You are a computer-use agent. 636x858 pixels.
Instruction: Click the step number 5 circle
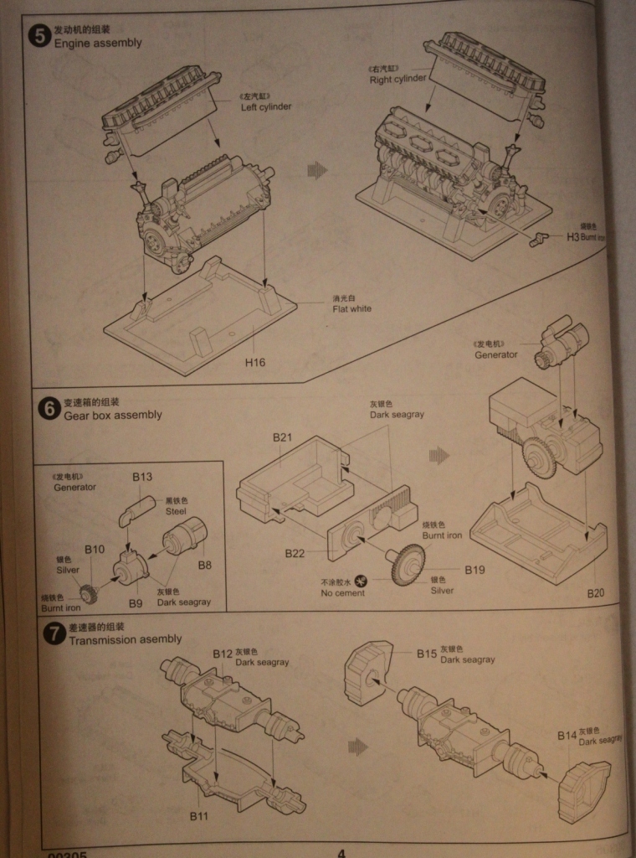[x=39, y=36]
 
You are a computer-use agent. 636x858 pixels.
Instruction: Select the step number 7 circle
[x=54, y=634]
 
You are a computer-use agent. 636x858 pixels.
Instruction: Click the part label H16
[x=254, y=363]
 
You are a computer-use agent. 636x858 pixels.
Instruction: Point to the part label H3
[x=572, y=237]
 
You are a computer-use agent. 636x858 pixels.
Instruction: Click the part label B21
[x=282, y=437]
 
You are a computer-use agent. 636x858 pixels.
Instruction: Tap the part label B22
[x=295, y=553]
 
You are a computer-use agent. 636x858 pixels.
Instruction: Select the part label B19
[x=474, y=570]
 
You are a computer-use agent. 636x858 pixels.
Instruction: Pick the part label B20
[x=595, y=593]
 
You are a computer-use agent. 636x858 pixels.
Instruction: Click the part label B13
[x=142, y=477]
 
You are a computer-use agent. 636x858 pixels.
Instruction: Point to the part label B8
[x=204, y=565]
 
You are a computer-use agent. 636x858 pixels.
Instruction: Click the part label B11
[x=198, y=815]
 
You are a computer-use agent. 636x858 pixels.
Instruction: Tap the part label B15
[x=428, y=653]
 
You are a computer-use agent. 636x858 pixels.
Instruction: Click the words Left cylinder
[x=266, y=107]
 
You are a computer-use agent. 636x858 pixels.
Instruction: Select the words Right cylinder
[x=398, y=80]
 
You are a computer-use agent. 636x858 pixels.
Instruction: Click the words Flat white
[x=351, y=308]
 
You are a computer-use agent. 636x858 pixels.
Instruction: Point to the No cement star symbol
[x=362, y=580]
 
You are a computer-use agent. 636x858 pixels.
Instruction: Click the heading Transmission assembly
[x=125, y=640]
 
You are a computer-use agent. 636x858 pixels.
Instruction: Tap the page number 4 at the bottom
[x=341, y=852]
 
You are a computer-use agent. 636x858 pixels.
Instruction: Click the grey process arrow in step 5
[x=317, y=170]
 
